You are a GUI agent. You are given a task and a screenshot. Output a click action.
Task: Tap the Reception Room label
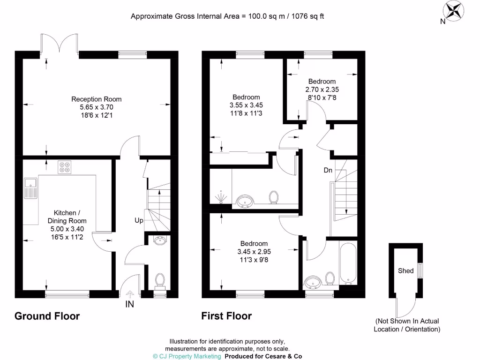[x=96, y=99]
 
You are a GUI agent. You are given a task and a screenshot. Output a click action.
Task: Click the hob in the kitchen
[x=64, y=167]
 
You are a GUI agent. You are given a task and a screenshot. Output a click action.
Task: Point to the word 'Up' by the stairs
[x=139, y=220]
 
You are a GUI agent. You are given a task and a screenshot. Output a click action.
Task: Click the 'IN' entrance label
[x=129, y=305]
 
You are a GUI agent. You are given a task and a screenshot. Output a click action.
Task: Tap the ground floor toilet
[x=160, y=280]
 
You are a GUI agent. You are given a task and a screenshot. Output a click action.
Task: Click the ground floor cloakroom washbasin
[x=160, y=241]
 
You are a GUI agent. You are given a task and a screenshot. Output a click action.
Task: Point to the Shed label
[x=405, y=270]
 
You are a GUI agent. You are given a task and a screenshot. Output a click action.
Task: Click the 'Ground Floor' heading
[x=47, y=316]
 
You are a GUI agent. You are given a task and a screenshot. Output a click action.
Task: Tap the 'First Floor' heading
[x=226, y=316]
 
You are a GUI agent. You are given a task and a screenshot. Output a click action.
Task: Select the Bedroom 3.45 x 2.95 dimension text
[x=254, y=252]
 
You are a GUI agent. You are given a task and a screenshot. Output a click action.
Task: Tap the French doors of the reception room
[x=60, y=43]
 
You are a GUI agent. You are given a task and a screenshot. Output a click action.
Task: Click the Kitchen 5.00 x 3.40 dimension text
[x=67, y=229]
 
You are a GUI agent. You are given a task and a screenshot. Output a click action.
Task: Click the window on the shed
[x=420, y=271]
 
